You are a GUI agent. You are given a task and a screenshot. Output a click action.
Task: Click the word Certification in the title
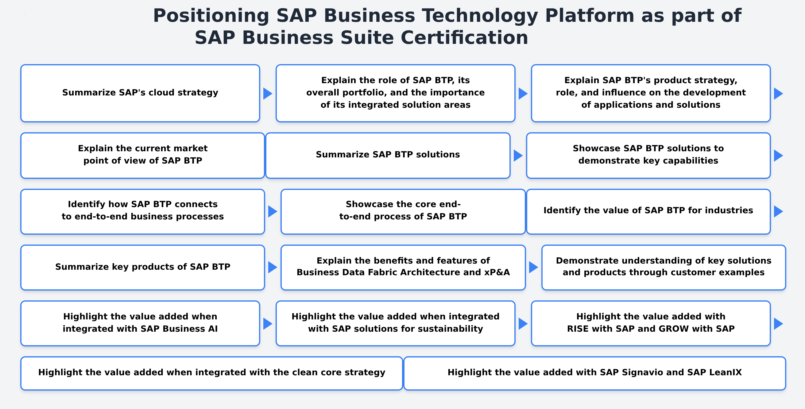464,38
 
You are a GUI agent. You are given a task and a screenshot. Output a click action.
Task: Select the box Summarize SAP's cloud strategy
140,93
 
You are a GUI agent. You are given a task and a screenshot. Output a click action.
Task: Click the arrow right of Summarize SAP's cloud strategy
268,93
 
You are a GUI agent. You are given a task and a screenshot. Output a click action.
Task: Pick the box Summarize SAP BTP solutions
388,155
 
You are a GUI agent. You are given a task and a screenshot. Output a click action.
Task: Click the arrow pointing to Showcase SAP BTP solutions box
518,155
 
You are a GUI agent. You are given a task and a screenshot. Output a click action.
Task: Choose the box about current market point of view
142,155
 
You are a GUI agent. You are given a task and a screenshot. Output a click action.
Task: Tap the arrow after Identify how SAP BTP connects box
273,211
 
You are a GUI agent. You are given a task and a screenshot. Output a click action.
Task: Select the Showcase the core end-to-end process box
403,211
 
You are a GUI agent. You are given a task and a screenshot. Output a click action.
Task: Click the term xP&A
497,272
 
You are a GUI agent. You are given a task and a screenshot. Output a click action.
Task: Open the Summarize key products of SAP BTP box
142,268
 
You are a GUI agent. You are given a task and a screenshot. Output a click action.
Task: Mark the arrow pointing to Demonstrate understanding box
533,267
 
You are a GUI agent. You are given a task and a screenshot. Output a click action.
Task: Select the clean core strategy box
211,373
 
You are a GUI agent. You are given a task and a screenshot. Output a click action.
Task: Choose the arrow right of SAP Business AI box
268,324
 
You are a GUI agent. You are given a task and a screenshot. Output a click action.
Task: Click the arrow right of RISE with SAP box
778,324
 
